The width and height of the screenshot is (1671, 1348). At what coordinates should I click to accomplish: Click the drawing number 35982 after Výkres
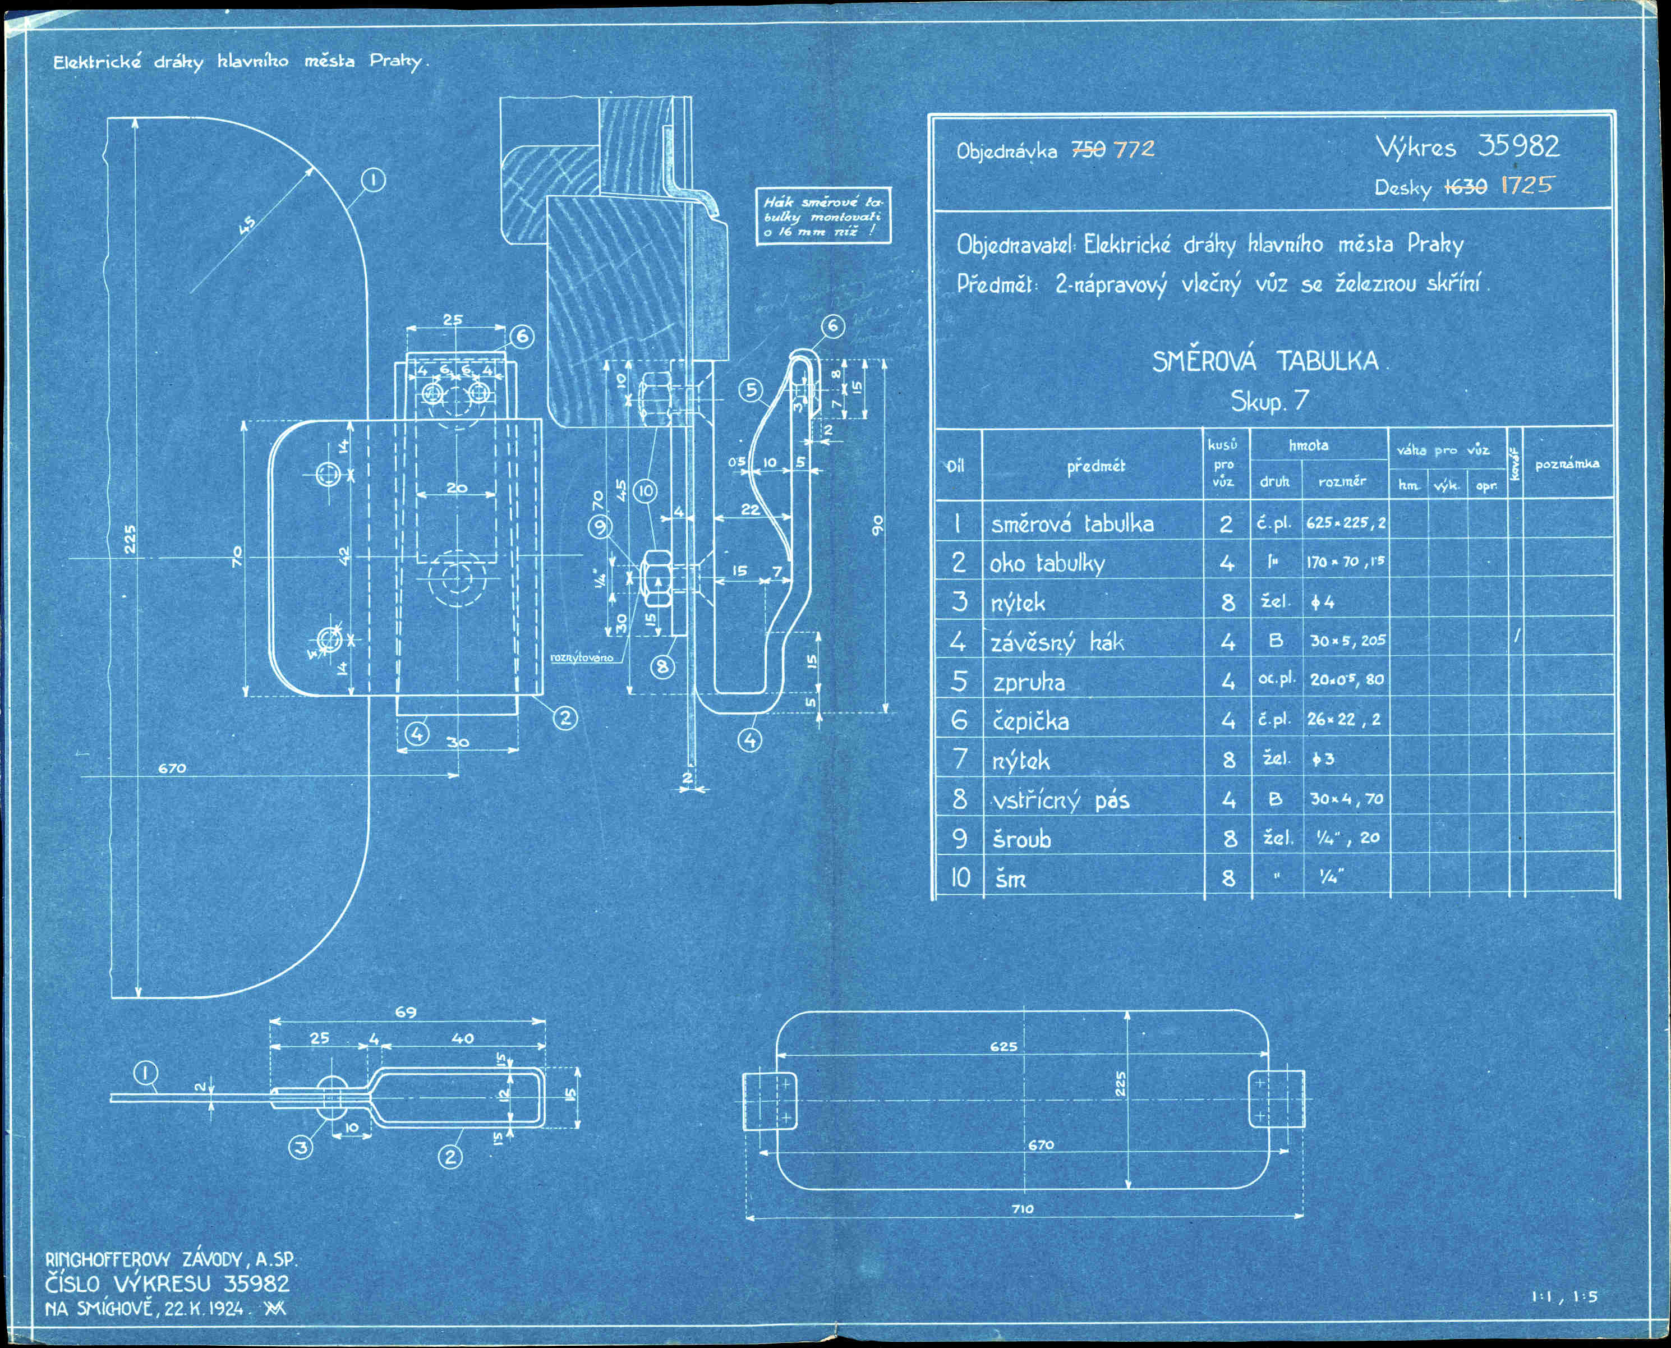pyautogui.click(x=1518, y=146)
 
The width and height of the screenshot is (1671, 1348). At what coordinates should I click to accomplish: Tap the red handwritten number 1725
pyautogui.click(x=1527, y=185)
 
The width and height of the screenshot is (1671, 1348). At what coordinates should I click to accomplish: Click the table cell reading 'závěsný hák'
pyautogui.click(x=1057, y=643)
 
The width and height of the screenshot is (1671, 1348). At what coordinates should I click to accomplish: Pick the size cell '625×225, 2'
pyautogui.click(x=1346, y=523)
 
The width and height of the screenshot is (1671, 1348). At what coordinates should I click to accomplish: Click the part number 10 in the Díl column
pyautogui.click(x=960, y=877)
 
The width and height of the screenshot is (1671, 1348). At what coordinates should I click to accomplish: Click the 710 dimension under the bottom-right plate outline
pyautogui.click(x=1023, y=1209)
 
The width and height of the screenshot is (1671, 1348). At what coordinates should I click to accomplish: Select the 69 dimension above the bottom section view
pyautogui.click(x=406, y=1013)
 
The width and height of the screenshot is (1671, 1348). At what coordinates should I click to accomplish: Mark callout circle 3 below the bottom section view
pyautogui.click(x=301, y=1147)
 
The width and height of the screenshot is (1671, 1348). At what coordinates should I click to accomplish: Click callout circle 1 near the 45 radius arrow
pyautogui.click(x=374, y=180)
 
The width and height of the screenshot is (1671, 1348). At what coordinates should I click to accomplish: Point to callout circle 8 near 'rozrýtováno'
pyautogui.click(x=662, y=666)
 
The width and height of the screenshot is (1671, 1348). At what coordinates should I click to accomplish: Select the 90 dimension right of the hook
pyautogui.click(x=877, y=526)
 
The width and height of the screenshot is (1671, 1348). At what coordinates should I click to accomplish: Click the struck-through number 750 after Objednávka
pyautogui.click(x=1088, y=150)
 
